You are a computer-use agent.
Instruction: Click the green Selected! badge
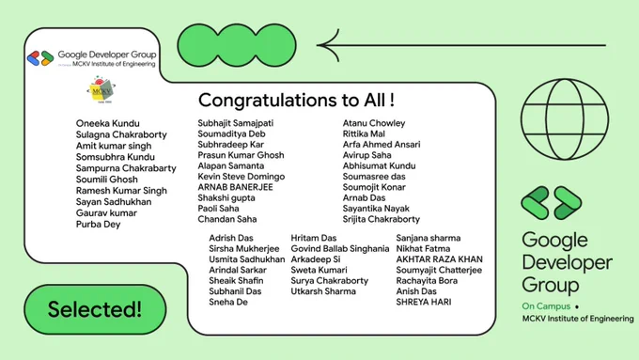pyautogui.click(x=95, y=309)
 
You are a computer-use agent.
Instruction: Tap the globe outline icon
pyautogui.click(x=565, y=119)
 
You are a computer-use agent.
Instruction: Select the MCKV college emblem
pyautogui.click(x=101, y=89)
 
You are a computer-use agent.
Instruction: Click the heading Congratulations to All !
pyautogui.click(x=296, y=100)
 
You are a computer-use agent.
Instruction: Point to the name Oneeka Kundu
pyautogui.click(x=107, y=123)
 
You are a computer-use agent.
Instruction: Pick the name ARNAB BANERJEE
pyautogui.click(x=235, y=187)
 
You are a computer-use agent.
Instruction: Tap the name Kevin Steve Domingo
pyautogui.click(x=242, y=177)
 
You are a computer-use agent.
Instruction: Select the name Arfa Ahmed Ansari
pyautogui.click(x=382, y=145)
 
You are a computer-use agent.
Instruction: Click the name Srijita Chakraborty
pyautogui.click(x=381, y=219)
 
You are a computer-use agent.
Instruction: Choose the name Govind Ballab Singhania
pyautogui.click(x=340, y=249)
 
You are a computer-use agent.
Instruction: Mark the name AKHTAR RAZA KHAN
pyautogui.click(x=440, y=259)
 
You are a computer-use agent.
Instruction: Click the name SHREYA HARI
pyautogui.click(x=424, y=302)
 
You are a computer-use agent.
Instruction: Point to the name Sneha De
pyautogui.click(x=228, y=302)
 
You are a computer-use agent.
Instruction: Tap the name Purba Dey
pyautogui.click(x=99, y=225)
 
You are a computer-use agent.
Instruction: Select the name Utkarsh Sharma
pyautogui.click(x=323, y=291)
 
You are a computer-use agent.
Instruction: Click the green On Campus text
pyautogui.click(x=546, y=306)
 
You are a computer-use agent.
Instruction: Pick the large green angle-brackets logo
pyautogui.click(x=552, y=203)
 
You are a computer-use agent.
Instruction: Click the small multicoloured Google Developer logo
pyautogui.click(x=40, y=58)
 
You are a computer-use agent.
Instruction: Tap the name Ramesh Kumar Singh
pyautogui.click(x=121, y=191)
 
